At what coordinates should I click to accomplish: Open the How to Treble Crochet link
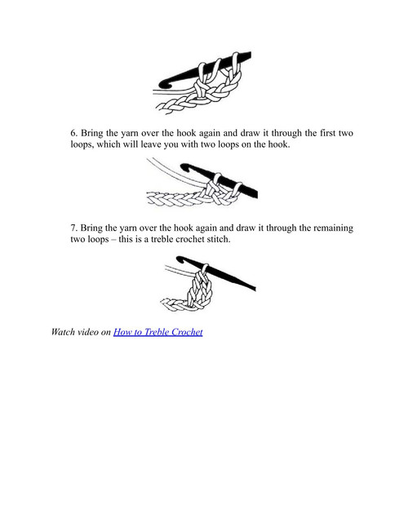[158, 332]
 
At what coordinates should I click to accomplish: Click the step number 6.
[74, 133]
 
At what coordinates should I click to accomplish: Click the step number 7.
[73, 228]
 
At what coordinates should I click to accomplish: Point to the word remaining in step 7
[333, 228]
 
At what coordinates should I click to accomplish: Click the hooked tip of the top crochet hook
[162, 84]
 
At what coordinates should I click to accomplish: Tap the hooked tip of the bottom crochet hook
[180, 259]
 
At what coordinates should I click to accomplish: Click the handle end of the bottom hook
[255, 288]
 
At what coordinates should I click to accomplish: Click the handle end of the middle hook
[255, 194]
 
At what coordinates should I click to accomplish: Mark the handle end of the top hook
[248, 55]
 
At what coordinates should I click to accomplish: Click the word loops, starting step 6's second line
[81, 145]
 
